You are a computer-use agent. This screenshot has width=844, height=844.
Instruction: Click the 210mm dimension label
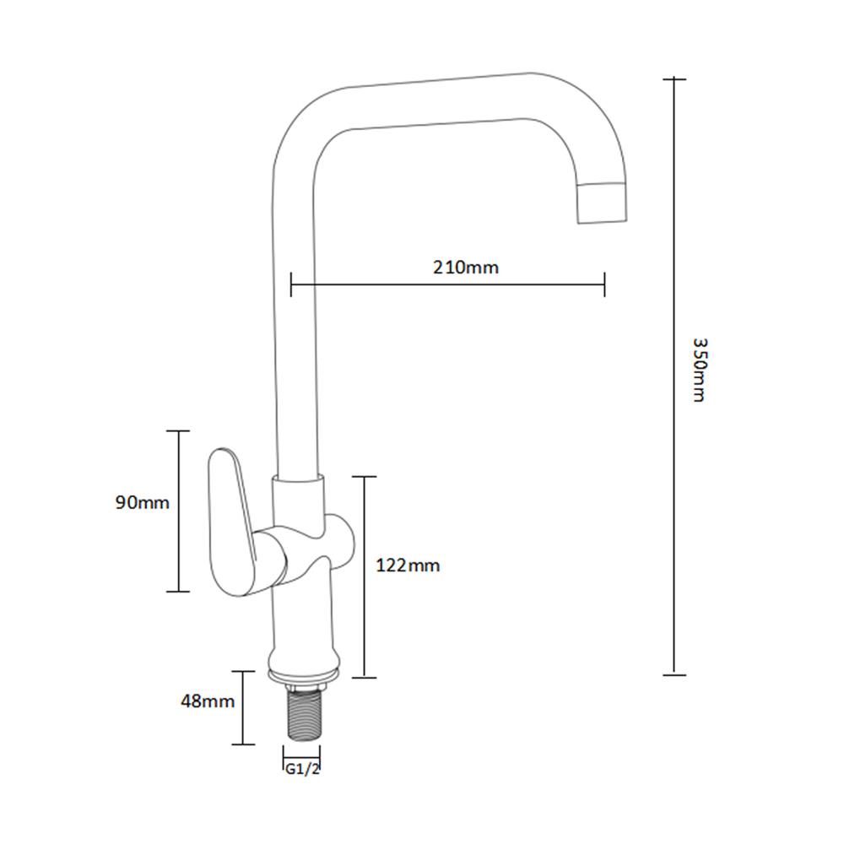click(466, 267)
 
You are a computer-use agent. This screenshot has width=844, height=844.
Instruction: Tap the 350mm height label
click(699, 370)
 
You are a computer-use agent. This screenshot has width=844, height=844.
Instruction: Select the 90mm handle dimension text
click(142, 502)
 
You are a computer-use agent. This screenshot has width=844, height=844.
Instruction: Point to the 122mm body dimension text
click(408, 565)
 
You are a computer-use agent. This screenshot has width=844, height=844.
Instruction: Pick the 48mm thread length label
click(208, 701)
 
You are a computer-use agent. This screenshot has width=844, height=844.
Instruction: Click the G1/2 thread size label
click(302, 769)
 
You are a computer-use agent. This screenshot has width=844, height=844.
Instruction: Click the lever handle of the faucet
click(231, 522)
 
